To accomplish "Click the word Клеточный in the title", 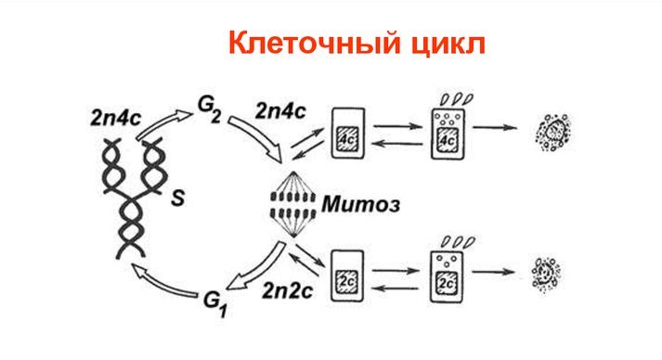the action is point(313,43).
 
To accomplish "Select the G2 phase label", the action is point(209,109).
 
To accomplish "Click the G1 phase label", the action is point(215,304).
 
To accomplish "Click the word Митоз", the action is point(360,205).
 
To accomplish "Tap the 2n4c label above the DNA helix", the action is point(115,119).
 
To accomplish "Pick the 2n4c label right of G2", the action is point(280,111).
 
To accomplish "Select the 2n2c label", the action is point(287,290).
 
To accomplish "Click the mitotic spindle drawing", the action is point(293,204).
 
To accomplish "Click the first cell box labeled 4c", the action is point(348,134).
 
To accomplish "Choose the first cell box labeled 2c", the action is point(347,276).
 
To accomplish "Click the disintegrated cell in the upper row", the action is point(553,132).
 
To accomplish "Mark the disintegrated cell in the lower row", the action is point(546,275).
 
